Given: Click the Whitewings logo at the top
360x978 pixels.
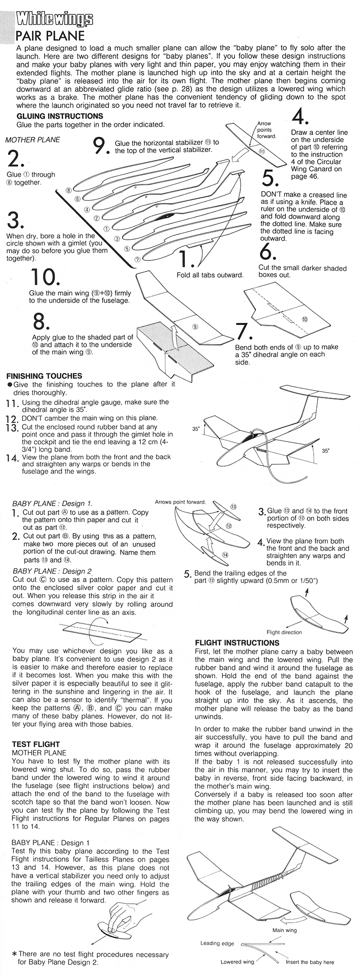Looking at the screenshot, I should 54,19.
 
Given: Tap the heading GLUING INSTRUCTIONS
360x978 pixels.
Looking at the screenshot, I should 59,116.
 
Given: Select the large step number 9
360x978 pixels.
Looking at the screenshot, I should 100,146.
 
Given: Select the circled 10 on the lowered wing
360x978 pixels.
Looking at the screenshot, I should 305,319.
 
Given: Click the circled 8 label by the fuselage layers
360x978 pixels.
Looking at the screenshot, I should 68,190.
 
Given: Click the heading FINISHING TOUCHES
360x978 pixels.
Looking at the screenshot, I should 44,376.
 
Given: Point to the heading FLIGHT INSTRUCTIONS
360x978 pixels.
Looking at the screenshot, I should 237,643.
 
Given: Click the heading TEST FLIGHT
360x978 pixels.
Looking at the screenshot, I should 36,744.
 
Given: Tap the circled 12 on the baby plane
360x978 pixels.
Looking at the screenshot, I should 228,526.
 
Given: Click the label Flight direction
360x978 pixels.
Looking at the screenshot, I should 284,632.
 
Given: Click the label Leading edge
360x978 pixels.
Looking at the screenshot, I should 216,943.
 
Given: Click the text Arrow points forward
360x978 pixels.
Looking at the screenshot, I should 266,130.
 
